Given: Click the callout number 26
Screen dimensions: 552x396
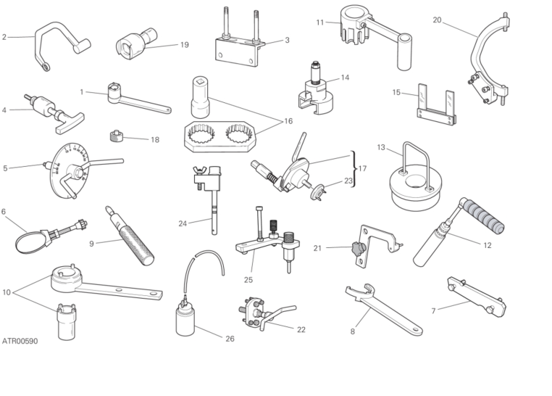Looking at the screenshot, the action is coord(230,339).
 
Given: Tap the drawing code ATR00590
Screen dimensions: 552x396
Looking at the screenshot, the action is coord(20,342).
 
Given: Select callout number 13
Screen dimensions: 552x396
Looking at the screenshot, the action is coord(381,147).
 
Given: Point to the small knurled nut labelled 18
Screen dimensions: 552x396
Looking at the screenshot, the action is coord(116,136).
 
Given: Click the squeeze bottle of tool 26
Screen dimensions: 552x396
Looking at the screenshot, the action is coord(185,321).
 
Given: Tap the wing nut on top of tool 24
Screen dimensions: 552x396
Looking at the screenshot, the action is coord(201,172).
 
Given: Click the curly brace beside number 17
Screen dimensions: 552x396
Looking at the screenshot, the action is coord(353,169).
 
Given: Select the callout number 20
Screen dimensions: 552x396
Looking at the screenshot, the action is coord(437,20).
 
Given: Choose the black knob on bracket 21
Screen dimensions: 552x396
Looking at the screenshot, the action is coord(356,248).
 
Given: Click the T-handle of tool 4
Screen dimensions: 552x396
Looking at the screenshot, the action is coord(70,124).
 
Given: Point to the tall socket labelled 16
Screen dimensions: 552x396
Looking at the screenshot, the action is coord(200,98).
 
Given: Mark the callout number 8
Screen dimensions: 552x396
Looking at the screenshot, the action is coord(353,331).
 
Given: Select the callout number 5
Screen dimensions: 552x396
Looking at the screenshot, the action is coord(5,168).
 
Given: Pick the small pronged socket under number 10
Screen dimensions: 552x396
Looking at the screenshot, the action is coord(67,322).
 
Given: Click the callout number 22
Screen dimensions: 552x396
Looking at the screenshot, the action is coord(301,330).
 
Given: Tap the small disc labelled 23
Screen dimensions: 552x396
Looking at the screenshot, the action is coord(318,191).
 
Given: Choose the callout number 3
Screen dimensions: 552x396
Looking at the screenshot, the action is coord(288,40).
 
